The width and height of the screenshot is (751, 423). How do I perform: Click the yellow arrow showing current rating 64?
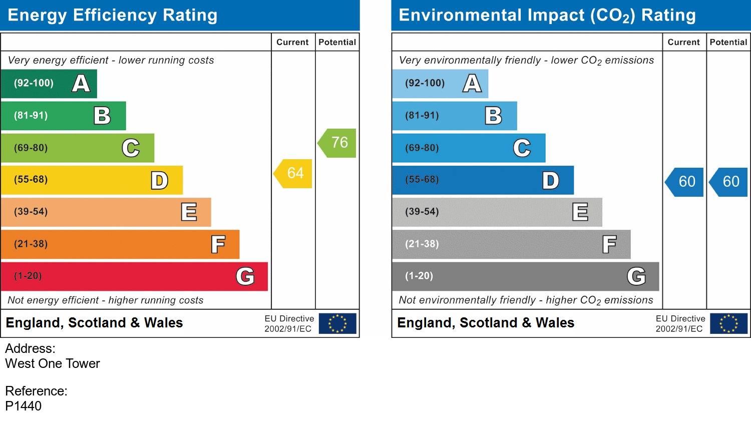(x=294, y=173)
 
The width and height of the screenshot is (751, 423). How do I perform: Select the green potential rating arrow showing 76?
(x=338, y=143)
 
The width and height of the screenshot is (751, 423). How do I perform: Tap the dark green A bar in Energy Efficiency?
(x=49, y=84)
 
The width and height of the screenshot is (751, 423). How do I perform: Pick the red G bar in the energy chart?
(x=134, y=276)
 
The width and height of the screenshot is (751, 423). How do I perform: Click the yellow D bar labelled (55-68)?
(x=92, y=180)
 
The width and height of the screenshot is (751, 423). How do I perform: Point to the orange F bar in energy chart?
(x=120, y=244)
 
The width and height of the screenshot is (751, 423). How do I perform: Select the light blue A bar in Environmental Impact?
(x=440, y=84)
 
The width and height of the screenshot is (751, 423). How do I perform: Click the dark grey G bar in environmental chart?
(x=525, y=276)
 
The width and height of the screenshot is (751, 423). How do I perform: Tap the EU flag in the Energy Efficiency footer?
(x=337, y=323)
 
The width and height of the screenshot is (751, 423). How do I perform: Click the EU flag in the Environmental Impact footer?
(x=728, y=323)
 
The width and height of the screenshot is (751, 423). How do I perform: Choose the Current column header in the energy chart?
(x=292, y=43)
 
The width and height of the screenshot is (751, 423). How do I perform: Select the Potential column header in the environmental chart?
(x=728, y=43)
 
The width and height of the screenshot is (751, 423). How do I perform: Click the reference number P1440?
(x=24, y=406)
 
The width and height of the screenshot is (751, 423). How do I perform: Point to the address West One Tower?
(x=53, y=363)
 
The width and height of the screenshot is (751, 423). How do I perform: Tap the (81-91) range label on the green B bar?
(x=31, y=116)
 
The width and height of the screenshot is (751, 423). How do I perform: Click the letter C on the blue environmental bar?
(x=522, y=148)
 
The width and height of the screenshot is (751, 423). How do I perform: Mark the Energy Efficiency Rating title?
(x=113, y=15)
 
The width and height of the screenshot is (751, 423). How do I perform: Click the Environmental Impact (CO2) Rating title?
(x=547, y=15)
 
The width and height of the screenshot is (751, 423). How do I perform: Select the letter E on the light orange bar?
(x=189, y=212)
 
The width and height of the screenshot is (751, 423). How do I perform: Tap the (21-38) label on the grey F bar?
(x=422, y=244)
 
